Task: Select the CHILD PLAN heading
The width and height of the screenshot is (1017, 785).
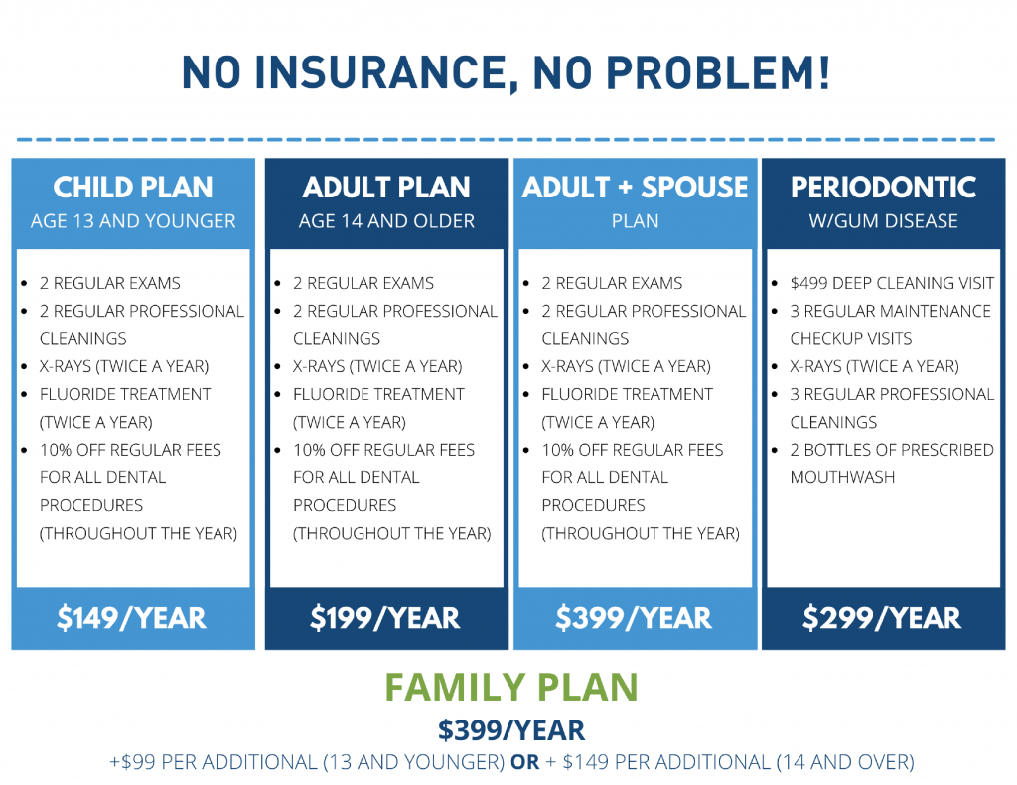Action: click(x=133, y=188)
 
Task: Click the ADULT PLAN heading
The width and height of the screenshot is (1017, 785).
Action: click(x=386, y=188)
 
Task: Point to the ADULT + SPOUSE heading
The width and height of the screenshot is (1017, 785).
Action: click(x=635, y=188)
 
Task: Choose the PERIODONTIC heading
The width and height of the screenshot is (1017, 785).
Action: click(x=883, y=188)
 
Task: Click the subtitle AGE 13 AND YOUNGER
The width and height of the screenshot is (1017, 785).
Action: click(x=133, y=221)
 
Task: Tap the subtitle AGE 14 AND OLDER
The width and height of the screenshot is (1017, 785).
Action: click(x=386, y=221)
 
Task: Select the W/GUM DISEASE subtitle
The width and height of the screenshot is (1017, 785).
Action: click(x=883, y=221)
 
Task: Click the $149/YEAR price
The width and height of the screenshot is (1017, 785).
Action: click(x=132, y=617)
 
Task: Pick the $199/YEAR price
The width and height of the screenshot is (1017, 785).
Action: click(x=385, y=617)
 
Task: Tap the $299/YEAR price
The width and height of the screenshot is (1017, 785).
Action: click(x=882, y=617)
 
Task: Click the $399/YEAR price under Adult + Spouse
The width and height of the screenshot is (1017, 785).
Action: click(x=634, y=617)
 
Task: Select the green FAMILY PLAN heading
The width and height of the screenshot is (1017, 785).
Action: click(x=511, y=687)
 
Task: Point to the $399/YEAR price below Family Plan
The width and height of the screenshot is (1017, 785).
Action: click(x=511, y=729)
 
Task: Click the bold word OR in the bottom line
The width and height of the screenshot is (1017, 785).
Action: click(x=525, y=762)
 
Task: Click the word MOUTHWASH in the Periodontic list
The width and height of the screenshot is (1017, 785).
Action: click(x=842, y=477)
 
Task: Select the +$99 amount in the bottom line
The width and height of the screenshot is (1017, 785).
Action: click(x=132, y=762)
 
